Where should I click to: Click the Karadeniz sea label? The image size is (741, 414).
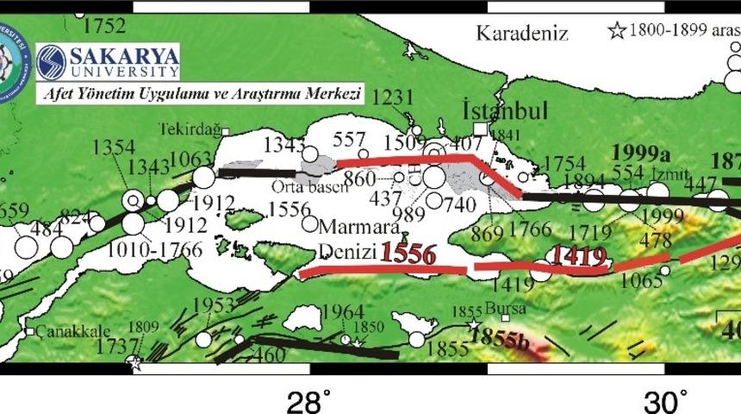(x=522, y=34)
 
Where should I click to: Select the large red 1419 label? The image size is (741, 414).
(x=579, y=256)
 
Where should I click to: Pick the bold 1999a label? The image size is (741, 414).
(x=640, y=153)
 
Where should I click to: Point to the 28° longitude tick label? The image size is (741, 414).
(x=308, y=401)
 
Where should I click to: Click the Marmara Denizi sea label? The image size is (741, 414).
(x=353, y=241)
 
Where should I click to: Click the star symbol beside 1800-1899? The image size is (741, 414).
(x=617, y=31)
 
